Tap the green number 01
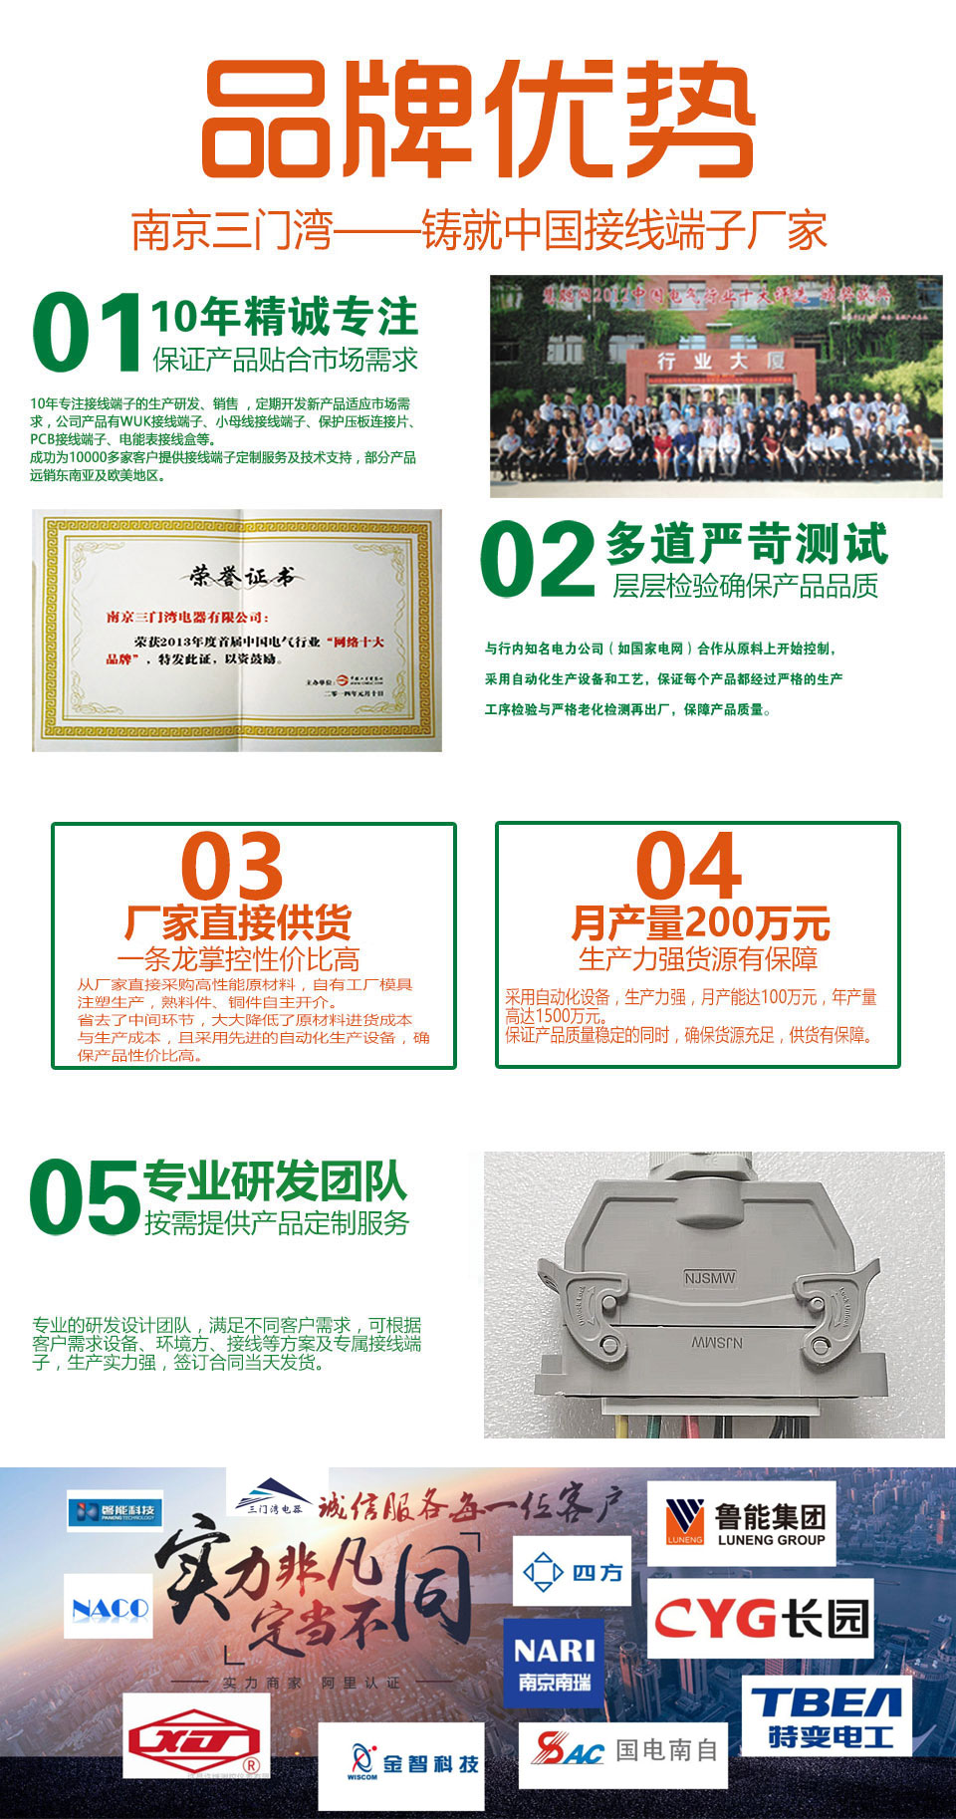click(88, 333)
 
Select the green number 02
click(538, 560)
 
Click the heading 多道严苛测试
click(746, 544)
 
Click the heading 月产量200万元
click(700, 923)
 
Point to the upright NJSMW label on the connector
click(710, 1277)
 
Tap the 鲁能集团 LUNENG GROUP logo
click(742, 1523)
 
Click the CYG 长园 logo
click(761, 1618)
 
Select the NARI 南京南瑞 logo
click(554, 1663)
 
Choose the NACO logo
click(109, 1607)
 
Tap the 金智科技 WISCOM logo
click(401, 1765)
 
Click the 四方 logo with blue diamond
click(573, 1571)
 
